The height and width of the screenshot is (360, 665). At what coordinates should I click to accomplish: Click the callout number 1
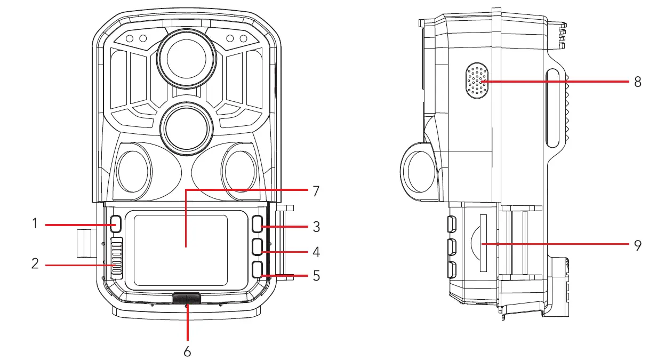pos(35,224)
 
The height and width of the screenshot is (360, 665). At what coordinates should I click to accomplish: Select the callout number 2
pos(35,263)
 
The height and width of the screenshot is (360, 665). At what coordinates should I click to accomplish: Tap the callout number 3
pos(316,227)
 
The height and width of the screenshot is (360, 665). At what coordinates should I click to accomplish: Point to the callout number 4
pos(316,251)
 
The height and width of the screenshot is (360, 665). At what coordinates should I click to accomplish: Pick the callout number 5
pos(316,276)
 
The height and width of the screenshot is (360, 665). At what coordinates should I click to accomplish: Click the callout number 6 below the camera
pos(187,351)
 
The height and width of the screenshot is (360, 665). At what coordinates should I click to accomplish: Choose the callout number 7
pos(316,191)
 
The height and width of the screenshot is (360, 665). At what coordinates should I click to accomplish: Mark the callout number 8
pos(637,82)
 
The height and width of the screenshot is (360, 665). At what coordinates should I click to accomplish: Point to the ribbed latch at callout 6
pos(187,299)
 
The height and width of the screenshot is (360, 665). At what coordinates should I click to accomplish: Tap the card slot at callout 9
pos(483,243)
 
